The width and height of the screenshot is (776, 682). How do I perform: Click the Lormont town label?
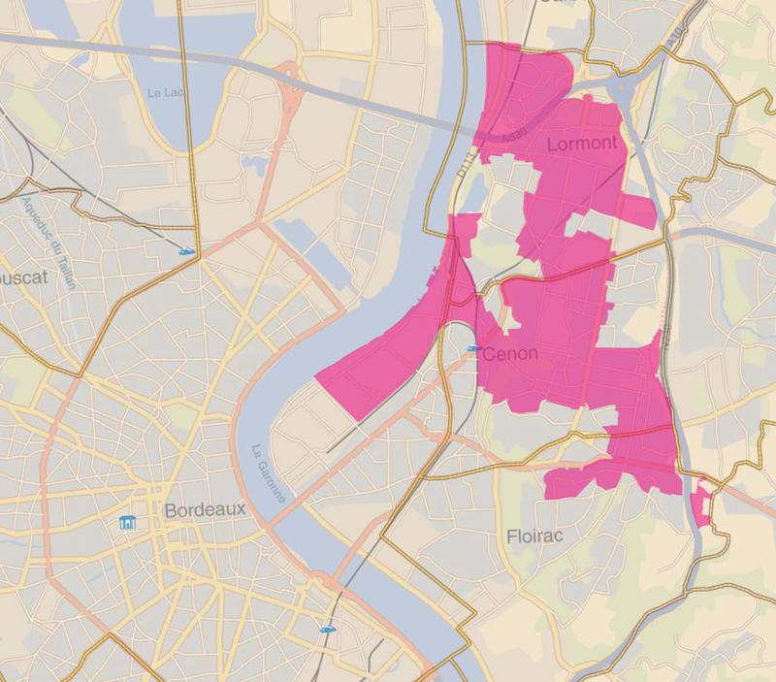(x=582, y=144)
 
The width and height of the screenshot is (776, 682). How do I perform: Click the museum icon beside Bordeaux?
(x=127, y=524)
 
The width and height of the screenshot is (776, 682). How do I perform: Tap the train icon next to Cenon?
(x=474, y=348)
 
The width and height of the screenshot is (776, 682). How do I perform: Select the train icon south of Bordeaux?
(x=327, y=629)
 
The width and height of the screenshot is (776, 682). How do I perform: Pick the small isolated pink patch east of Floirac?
(x=702, y=503)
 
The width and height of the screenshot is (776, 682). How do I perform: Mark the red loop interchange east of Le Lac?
(x=290, y=86)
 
